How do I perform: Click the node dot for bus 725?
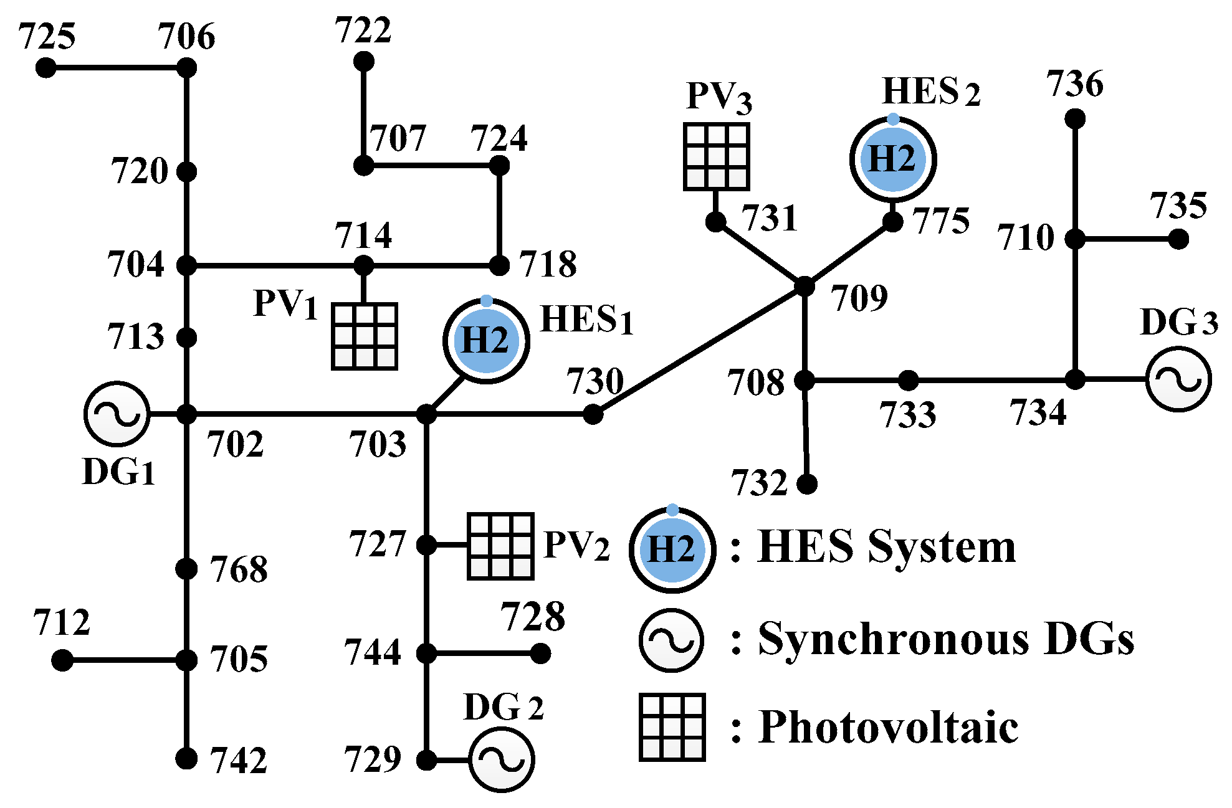click(45, 67)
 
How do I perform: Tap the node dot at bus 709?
click(805, 287)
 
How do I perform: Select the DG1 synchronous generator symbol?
click(117, 414)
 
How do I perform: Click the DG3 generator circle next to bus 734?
click(1178, 379)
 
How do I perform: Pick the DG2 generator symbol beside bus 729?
click(501, 760)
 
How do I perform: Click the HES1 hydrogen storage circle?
click(486, 341)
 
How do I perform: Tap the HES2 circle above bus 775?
click(892, 159)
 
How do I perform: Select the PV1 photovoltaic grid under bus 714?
click(365, 336)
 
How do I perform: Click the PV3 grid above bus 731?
click(716, 156)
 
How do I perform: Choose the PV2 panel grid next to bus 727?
click(500, 546)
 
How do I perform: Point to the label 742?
click(238, 761)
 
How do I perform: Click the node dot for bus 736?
click(1075, 118)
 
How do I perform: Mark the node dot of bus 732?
click(807, 483)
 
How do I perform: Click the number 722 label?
click(363, 30)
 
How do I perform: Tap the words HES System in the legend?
click(886, 547)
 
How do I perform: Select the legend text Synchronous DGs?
click(945, 639)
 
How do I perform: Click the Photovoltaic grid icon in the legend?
click(672, 727)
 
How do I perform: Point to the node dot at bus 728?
click(540, 654)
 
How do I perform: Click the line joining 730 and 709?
click(698, 351)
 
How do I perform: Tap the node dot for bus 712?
click(62, 660)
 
